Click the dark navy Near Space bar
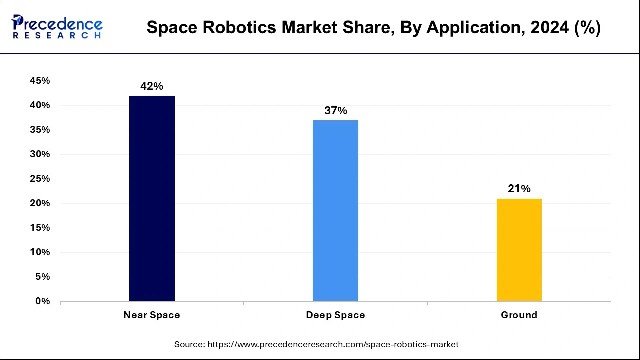(x=152, y=198)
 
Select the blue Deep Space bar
(x=335, y=210)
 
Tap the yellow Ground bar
(x=519, y=250)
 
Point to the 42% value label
(x=152, y=86)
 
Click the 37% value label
(x=335, y=111)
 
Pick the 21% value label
(x=519, y=189)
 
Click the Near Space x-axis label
(x=152, y=315)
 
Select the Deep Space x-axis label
(x=335, y=315)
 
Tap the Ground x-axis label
(x=519, y=315)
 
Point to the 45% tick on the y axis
(x=40, y=81)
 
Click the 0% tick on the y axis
(x=42, y=301)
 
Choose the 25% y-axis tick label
(x=40, y=179)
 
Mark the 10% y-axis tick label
(x=40, y=252)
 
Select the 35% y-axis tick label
(x=40, y=130)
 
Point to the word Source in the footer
(x=188, y=344)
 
